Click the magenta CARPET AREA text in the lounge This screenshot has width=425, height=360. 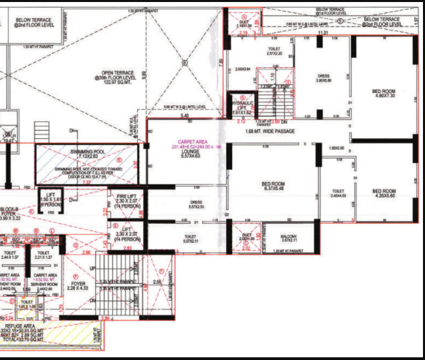click(x=188, y=144)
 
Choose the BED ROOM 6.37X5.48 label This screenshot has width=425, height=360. click(x=273, y=186)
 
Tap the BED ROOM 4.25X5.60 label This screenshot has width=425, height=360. click(x=384, y=193)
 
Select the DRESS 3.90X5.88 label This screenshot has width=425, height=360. click(x=322, y=78)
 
